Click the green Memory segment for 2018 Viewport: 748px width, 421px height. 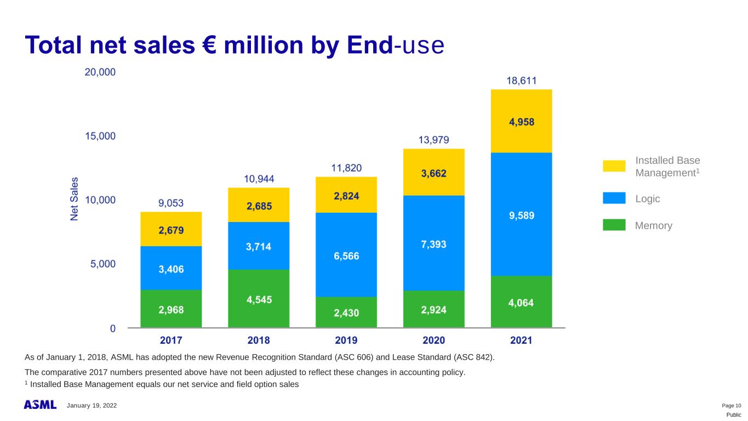pyautogui.click(x=259, y=299)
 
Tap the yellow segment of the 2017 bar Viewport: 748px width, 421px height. pyautogui.click(x=171, y=229)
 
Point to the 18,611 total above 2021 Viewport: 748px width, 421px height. pyautogui.click(x=521, y=81)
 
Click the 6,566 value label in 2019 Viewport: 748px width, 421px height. pyautogui.click(x=346, y=256)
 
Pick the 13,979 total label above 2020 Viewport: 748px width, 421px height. pyautogui.click(x=433, y=140)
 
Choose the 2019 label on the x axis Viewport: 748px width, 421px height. pyautogui.click(x=346, y=340)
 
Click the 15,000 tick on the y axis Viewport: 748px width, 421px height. pyautogui.click(x=100, y=136)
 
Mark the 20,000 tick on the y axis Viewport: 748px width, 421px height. pyautogui.click(x=100, y=72)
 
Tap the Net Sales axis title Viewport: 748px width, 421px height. pyautogui.click(x=75, y=198)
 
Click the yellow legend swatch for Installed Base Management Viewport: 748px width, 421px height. pyautogui.click(x=614, y=166)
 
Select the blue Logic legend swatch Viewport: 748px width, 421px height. pyautogui.click(x=614, y=198)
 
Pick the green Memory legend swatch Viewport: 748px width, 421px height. pyautogui.click(x=614, y=225)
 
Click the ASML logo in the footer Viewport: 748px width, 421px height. pyautogui.click(x=40, y=405)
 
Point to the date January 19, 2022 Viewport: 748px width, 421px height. pyautogui.click(x=92, y=406)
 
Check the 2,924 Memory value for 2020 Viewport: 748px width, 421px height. pyautogui.click(x=433, y=310)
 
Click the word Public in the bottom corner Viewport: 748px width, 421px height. pyautogui.click(x=734, y=415)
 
